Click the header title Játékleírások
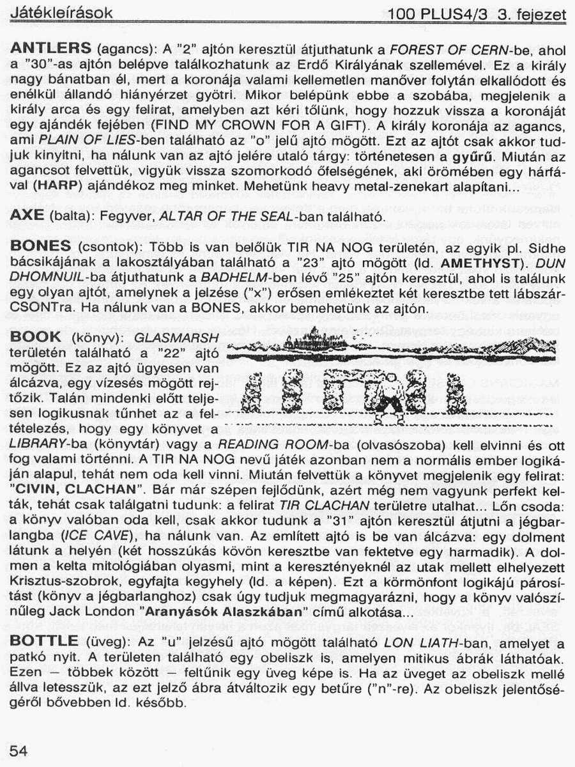coord(61,13)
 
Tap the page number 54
coord(19,752)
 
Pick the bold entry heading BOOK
coord(36,337)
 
